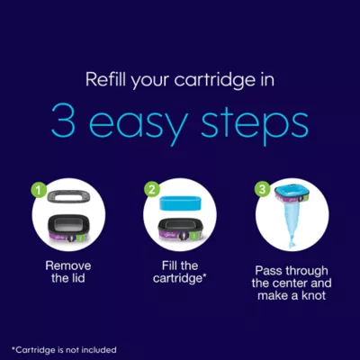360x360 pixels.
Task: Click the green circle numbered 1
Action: (39, 190)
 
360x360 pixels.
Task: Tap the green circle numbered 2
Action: (152, 190)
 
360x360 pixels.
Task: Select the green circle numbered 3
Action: (263, 190)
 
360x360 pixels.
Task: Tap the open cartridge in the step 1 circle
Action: (68, 229)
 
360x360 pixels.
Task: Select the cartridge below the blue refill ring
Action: (180, 229)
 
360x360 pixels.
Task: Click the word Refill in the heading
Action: (105, 79)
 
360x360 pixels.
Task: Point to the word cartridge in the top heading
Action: (213, 80)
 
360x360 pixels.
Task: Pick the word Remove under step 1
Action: (68, 265)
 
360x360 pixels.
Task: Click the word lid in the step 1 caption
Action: (77, 278)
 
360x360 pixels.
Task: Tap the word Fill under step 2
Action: (171, 265)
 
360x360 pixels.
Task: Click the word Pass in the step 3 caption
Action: (269, 271)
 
